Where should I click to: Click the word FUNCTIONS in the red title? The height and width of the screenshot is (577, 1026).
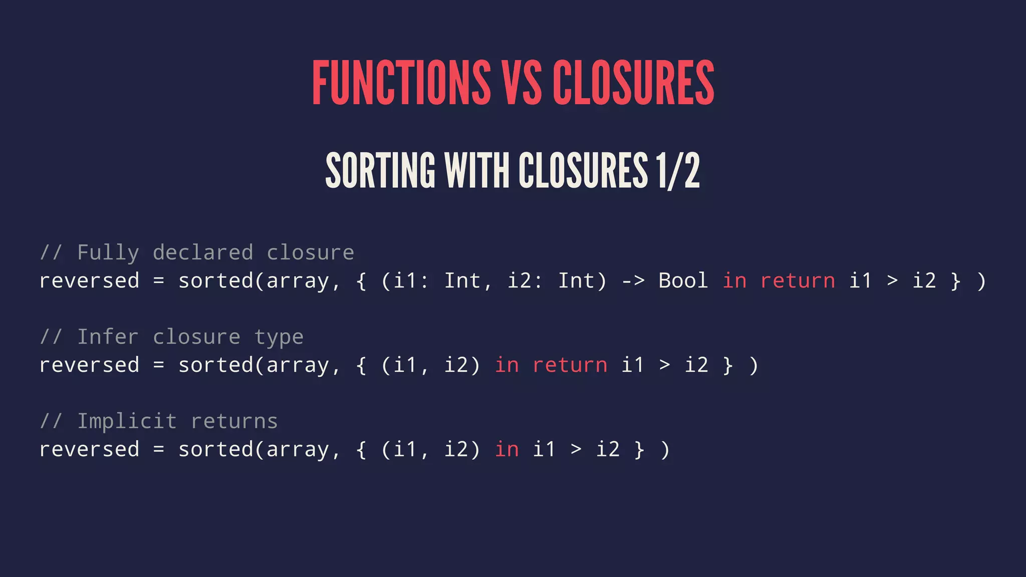[x=401, y=83]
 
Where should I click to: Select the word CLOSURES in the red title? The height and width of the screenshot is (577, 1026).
[x=633, y=83]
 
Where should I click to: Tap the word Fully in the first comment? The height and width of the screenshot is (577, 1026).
[x=108, y=253]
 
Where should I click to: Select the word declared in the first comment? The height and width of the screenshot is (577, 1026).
[x=203, y=252]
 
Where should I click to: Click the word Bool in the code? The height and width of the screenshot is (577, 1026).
[x=683, y=280]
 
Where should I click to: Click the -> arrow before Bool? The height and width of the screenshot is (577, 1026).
[x=633, y=281]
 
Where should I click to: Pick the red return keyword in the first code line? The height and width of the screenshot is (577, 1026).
[x=798, y=281]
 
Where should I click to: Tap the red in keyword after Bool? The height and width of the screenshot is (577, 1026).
[x=734, y=280]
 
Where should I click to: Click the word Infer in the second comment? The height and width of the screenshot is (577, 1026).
[x=108, y=337]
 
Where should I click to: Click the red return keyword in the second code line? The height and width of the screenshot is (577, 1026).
[x=570, y=365]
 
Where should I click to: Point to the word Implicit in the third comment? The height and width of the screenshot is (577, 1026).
[x=127, y=421]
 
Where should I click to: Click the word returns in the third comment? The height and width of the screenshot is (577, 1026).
[x=234, y=421]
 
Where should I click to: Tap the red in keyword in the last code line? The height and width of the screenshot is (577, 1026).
[x=506, y=449]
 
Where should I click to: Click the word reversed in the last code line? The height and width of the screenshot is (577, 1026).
[x=89, y=449]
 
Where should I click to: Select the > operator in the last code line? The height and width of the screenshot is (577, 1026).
[x=576, y=450]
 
